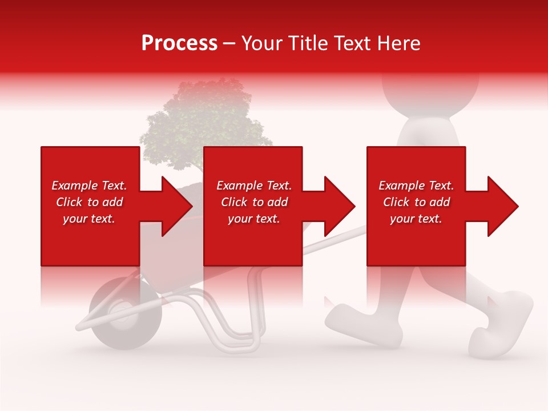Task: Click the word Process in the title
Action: [179, 43]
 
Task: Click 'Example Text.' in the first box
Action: [89, 186]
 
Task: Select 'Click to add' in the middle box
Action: [254, 202]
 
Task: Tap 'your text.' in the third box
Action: [416, 219]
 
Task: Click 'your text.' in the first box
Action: [89, 219]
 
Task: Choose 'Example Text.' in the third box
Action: [416, 186]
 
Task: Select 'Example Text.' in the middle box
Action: [254, 186]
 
